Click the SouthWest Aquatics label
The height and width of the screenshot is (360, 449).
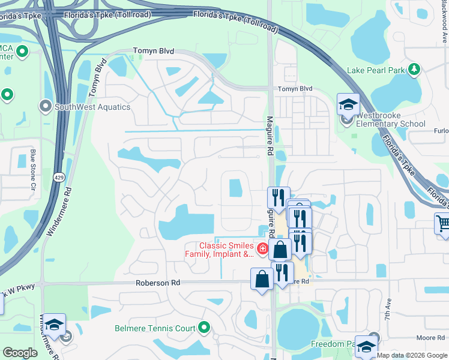pos(92,107)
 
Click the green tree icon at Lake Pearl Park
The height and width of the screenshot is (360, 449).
pos(414,70)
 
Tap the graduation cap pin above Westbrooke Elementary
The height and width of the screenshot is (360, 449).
pos(348,106)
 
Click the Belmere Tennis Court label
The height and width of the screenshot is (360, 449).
pos(155,328)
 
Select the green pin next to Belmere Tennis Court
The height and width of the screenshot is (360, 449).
pos(204,328)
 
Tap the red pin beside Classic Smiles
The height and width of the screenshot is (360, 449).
pos(262,248)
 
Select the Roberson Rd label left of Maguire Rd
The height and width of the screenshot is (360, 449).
pos(158,283)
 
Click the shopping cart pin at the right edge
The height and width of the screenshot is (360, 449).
pos(443,224)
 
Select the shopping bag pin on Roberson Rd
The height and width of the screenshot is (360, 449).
pos(262,279)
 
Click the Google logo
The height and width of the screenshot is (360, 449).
pos(20,353)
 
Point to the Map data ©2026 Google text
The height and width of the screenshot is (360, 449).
pos(412,355)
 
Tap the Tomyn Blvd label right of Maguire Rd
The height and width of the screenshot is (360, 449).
pos(295,89)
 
